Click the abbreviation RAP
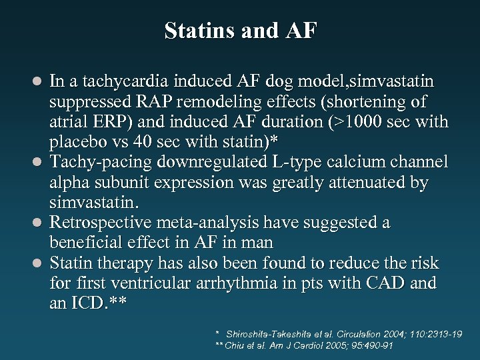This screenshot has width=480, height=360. tap(158, 103)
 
